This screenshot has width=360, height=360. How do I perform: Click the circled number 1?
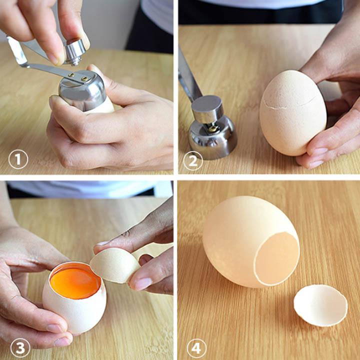18,160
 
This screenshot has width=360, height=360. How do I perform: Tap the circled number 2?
193,160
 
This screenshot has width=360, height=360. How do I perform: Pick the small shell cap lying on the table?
320,305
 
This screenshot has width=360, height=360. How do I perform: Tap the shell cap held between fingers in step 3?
115,265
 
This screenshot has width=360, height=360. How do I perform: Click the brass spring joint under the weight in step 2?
213,128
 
